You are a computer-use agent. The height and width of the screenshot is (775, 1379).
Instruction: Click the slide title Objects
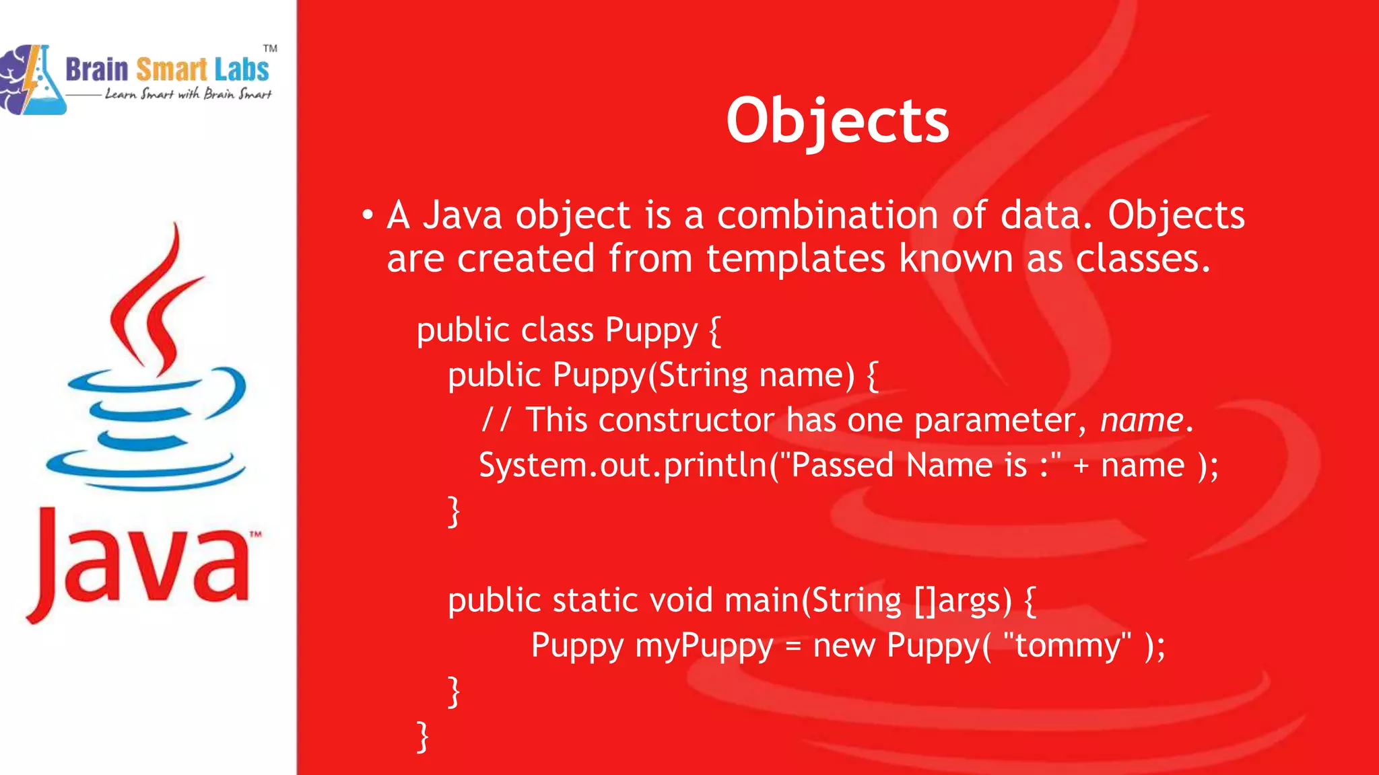(837, 121)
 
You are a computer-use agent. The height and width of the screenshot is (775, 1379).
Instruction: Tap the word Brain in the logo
(96, 70)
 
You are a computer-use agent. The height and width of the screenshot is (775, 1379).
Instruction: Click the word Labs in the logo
(241, 70)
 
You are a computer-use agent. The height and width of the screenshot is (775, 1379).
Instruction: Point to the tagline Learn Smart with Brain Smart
(188, 94)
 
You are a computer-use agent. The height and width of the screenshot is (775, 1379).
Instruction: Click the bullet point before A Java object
(367, 216)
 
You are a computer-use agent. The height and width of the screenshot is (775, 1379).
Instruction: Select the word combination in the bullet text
(828, 216)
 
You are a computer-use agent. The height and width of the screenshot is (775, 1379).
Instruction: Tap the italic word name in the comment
(1141, 420)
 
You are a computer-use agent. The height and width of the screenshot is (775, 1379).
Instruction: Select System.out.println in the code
(622, 466)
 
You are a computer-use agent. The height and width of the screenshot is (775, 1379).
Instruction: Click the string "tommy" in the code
(1067, 646)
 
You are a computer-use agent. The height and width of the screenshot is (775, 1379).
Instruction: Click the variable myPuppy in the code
(704, 646)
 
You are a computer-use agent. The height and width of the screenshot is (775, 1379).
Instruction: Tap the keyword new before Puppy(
(843, 646)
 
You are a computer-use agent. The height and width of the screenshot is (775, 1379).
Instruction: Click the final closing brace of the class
(423, 737)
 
